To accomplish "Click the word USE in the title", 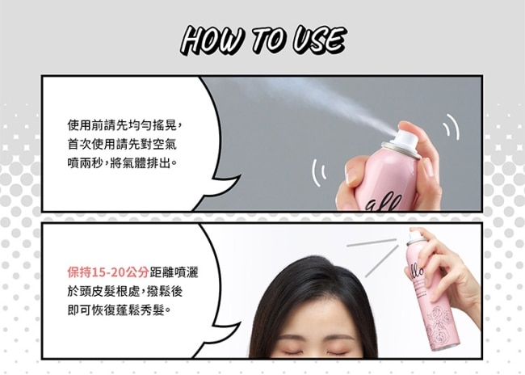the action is pyautogui.click(x=318, y=40).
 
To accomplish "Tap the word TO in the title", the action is pyautogui.click(x=269, y=40).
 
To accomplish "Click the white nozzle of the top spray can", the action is pyautogui.click(x=405, y=138).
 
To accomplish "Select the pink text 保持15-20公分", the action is pyautogui.click(x=108, y=272).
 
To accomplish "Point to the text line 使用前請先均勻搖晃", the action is pyautogui.click(x=124, y=125).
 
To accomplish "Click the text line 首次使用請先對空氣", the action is pyautogui.click(x=122, y=145).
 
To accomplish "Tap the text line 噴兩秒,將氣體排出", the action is pyautogui.click(x=122, y=163).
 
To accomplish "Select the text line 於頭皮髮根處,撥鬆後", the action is pyautogui.click(x=125, y=291).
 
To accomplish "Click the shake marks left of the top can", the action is pyautogui.click(x=318, y=172).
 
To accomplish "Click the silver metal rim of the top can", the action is pyautogui.click(x=401, y=150).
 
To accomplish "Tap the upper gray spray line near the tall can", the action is pyautogui.click(x=372, y=242).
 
